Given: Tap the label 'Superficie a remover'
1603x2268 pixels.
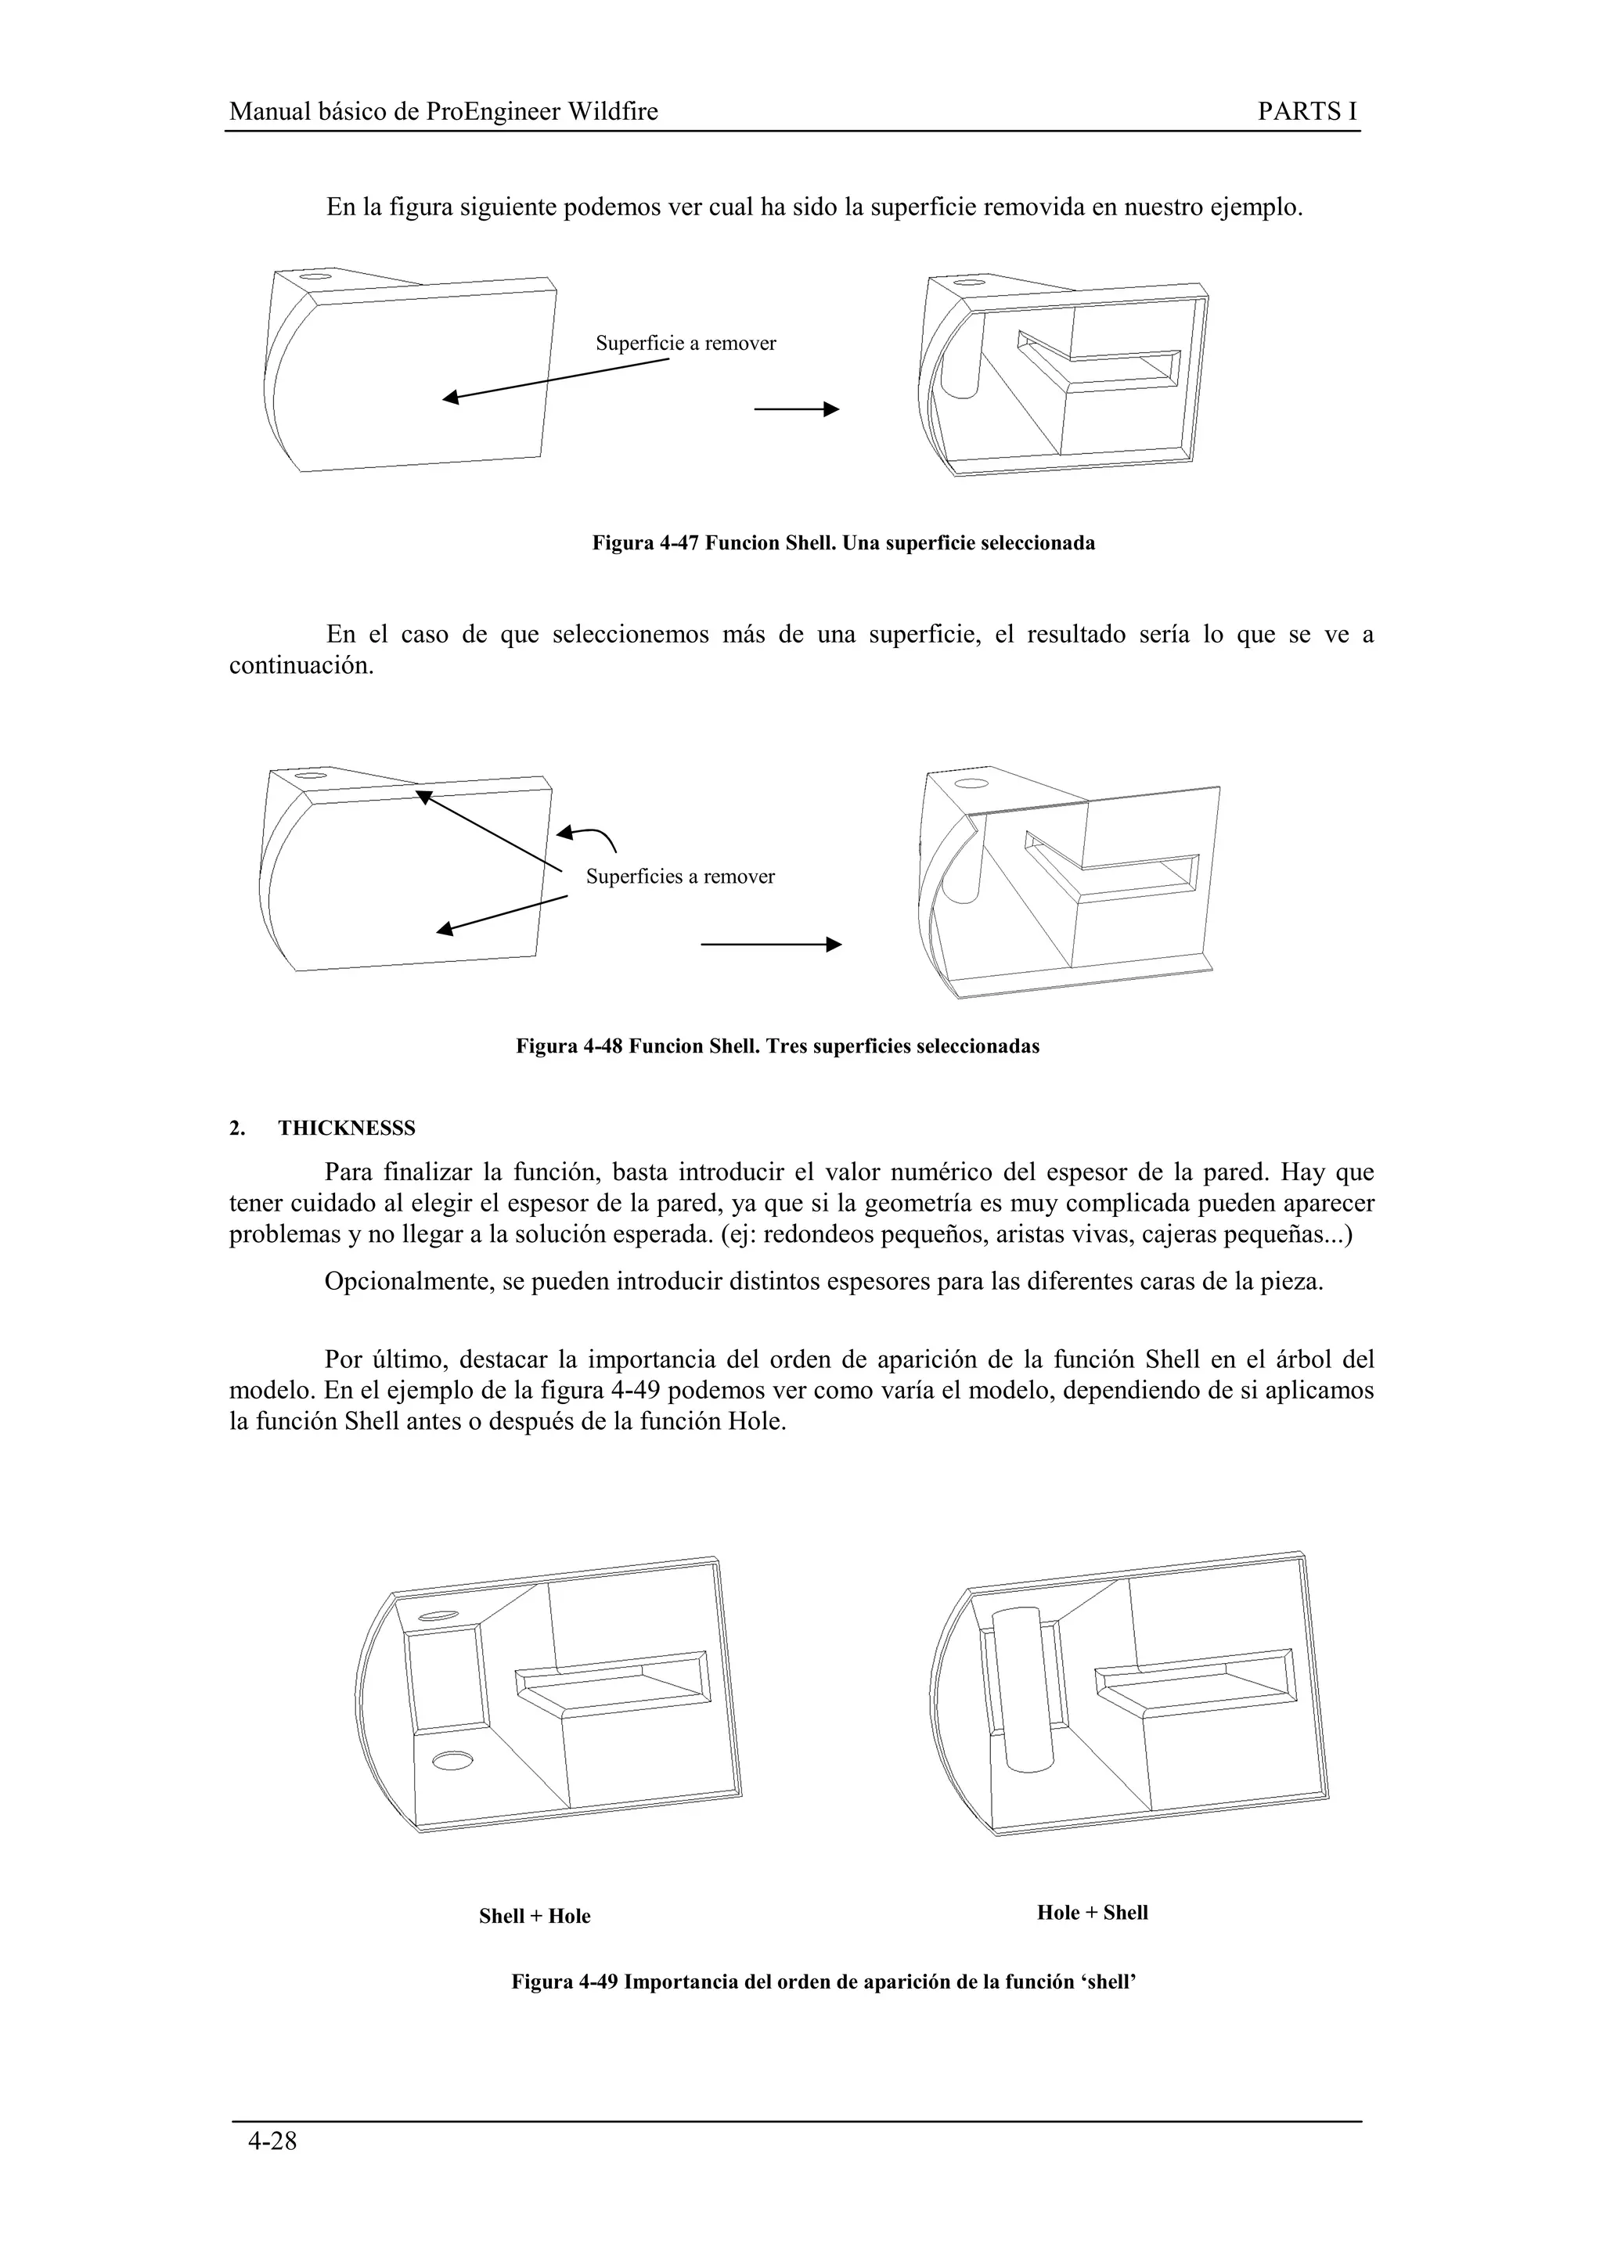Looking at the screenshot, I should pos(686,344).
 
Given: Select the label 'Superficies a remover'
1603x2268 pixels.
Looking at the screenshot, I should pos(679,877).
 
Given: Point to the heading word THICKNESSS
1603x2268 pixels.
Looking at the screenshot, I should pos(347,1128).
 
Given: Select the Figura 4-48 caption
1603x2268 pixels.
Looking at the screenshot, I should pos(777,1046).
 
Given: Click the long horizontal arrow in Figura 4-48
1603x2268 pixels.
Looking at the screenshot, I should pos(770,945).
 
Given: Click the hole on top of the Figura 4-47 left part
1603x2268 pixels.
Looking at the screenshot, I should pos(315,278).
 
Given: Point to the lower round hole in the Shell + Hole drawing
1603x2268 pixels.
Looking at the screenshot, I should pos(452,1760).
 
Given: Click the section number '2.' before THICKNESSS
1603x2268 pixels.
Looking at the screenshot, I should pos(237,1128).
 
